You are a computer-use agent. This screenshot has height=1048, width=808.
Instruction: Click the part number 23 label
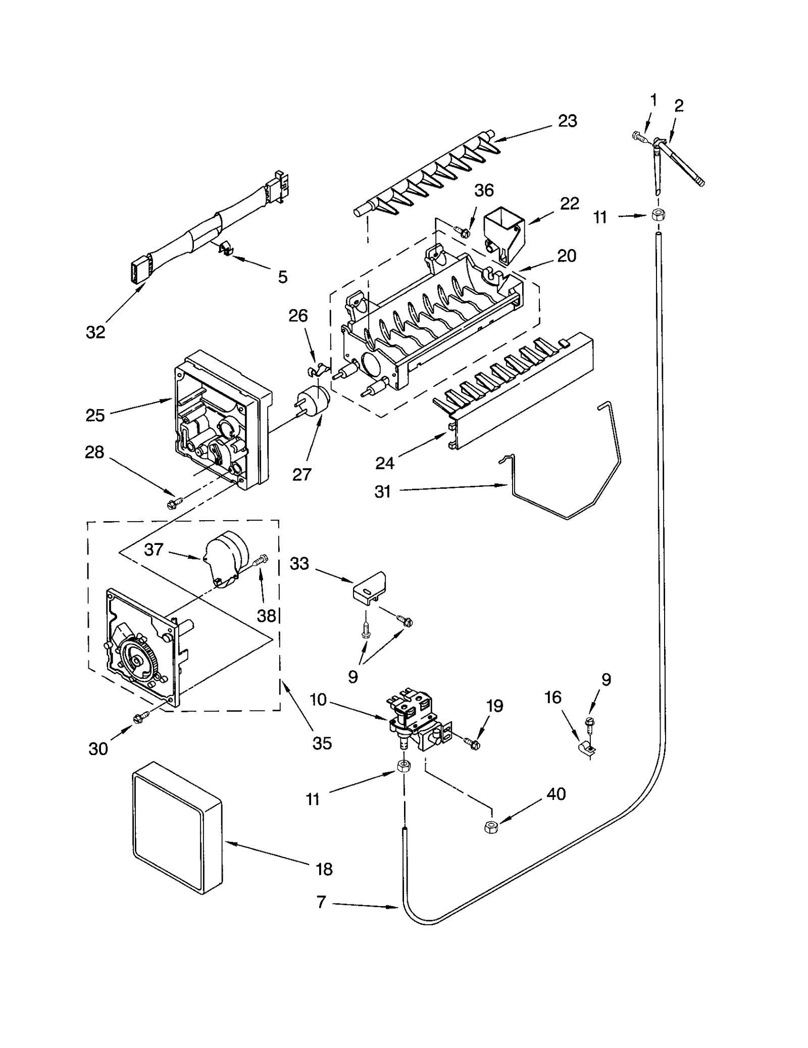tap(567, 121)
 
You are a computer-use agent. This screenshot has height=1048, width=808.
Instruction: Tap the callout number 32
tap(95, 332)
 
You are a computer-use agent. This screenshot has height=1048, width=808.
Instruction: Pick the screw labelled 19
tap(470, 742)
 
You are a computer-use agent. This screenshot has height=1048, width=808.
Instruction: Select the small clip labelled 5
tap(225, 249)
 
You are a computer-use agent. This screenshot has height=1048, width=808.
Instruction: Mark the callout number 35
tap(322, 742)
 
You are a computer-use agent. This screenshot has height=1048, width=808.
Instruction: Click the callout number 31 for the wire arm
tap(382, 491)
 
